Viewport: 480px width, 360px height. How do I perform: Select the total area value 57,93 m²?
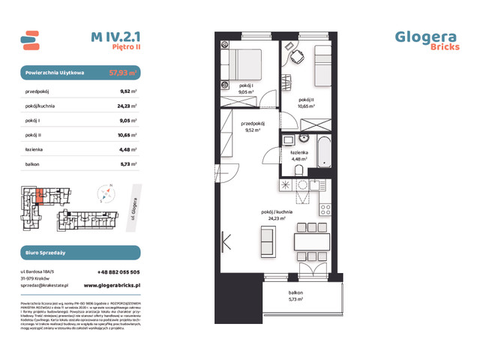pyautogui.click(x=122, y=73)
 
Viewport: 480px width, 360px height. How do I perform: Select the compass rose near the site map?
pyautogui.click(x=106, y=193)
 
